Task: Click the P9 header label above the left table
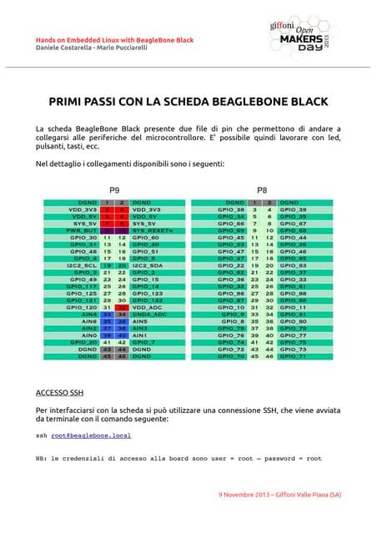click(113, 190)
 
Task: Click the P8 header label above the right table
click(262, 190)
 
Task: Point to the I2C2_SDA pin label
click(149, 264)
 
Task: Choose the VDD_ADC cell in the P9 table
click(146, 308)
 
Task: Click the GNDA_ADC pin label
click(149, 315)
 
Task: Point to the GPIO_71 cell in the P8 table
click(293, 356)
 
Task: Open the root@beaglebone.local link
click(91, 436)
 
